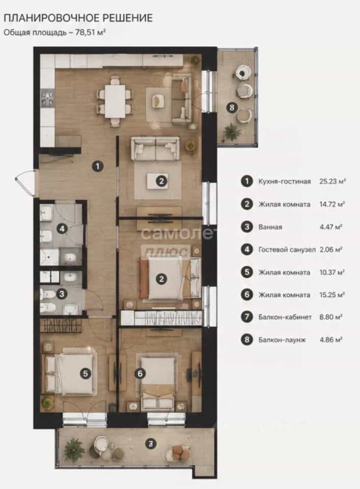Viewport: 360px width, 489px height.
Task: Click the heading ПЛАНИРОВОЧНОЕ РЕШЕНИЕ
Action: click(x=78, y=18)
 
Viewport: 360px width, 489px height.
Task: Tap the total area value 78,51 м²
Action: click(x=90, y=32)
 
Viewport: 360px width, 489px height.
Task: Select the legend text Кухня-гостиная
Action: click(x=285, y=181)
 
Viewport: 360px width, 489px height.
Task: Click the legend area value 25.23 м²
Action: click(x=333, y=181)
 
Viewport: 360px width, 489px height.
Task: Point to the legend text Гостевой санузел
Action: click(x=287, y=250)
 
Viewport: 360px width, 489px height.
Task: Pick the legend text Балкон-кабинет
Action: click(x=285, y=317)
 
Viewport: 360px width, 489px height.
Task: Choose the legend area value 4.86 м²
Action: click(x=331, y=340)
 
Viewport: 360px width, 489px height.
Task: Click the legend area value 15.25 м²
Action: click(x=332, y=295)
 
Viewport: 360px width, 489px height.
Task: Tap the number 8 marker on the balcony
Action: click(x=232, y=108)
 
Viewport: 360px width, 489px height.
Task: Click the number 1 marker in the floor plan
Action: click(x=98, y=166)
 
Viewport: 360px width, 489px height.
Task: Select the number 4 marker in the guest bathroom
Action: click(x=62, y=229)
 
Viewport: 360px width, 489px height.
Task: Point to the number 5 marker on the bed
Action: click(x=86, y=373)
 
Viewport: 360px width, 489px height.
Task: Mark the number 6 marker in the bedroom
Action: click(x=140, y=373)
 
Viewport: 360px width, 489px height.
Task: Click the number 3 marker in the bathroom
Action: click(x=62, y=294)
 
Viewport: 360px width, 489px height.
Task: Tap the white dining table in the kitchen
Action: click(x=115, y=101)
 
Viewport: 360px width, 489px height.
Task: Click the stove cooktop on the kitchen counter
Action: click(x=48, y=98)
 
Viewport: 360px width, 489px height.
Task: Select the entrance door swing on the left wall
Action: click(x=25, y=183)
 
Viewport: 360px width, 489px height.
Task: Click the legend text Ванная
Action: click(x=270, y=227)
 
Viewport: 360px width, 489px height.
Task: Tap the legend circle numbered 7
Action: click(x=247, y=317)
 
